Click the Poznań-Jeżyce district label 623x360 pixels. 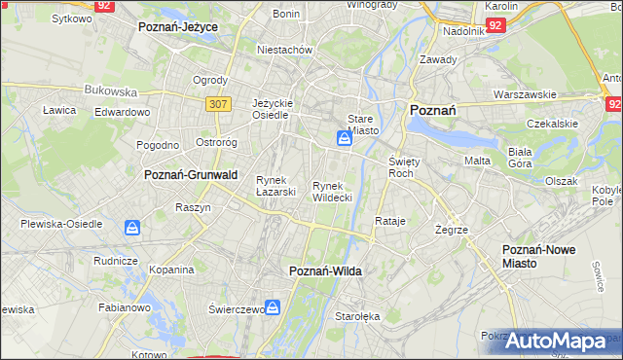click(x=178, y=27)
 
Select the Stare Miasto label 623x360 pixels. click(x=361, y=124)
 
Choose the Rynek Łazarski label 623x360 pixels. click(x=275, y=186)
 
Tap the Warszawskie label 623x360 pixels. click(x=525, y=94)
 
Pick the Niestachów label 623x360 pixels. click(x=283, y=49)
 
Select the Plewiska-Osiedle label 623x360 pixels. click(x=61, y=224)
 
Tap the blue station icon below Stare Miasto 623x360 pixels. click(x=345, y=140)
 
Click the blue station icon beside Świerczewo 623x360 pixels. click(x=275, y=308)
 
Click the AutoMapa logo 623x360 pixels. click(x=562, y=341)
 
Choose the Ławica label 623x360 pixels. click(x=59, y=110)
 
